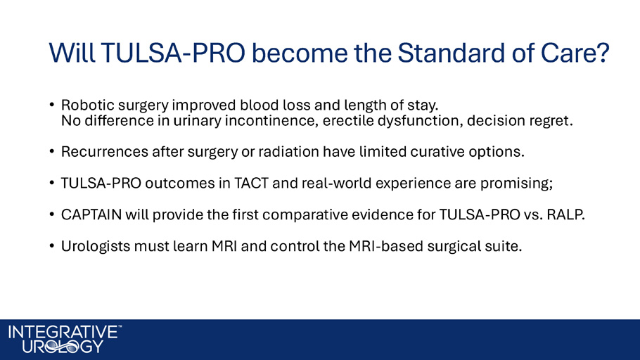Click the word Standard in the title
tap(452, 53)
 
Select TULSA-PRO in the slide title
tap(173, 53)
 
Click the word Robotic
tap(88, 105)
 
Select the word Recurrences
tap(105, 151)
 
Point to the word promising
tap(516, 184)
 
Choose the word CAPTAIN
tap(91, 214)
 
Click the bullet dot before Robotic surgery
tap(52, 105)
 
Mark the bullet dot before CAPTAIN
tap(52, 214)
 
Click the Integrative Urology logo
tap(65, 339)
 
